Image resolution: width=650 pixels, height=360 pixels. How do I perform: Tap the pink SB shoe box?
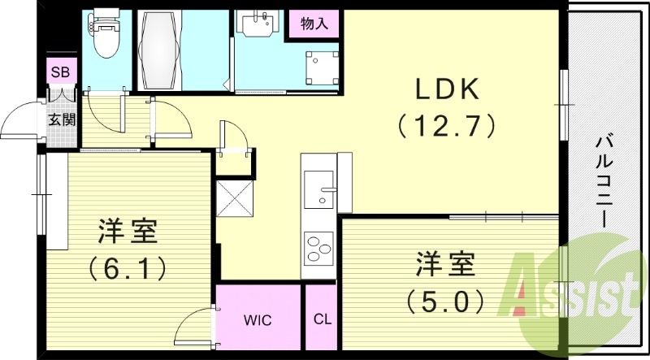(x=61, y=72)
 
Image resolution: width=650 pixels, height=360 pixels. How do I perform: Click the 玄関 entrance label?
(x=61, y=120)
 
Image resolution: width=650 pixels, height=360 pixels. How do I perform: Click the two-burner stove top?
(x=318, y=245)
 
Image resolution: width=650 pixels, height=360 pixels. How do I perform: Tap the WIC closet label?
(x=259, y=319)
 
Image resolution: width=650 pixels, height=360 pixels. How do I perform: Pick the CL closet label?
(x=322, y=319)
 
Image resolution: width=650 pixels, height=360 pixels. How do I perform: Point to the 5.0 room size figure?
(x=446, y=301)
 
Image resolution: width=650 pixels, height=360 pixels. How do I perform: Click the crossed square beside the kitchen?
(x=234, y=197)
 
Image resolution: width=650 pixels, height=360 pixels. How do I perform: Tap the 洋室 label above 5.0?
(x=445, y=266)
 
